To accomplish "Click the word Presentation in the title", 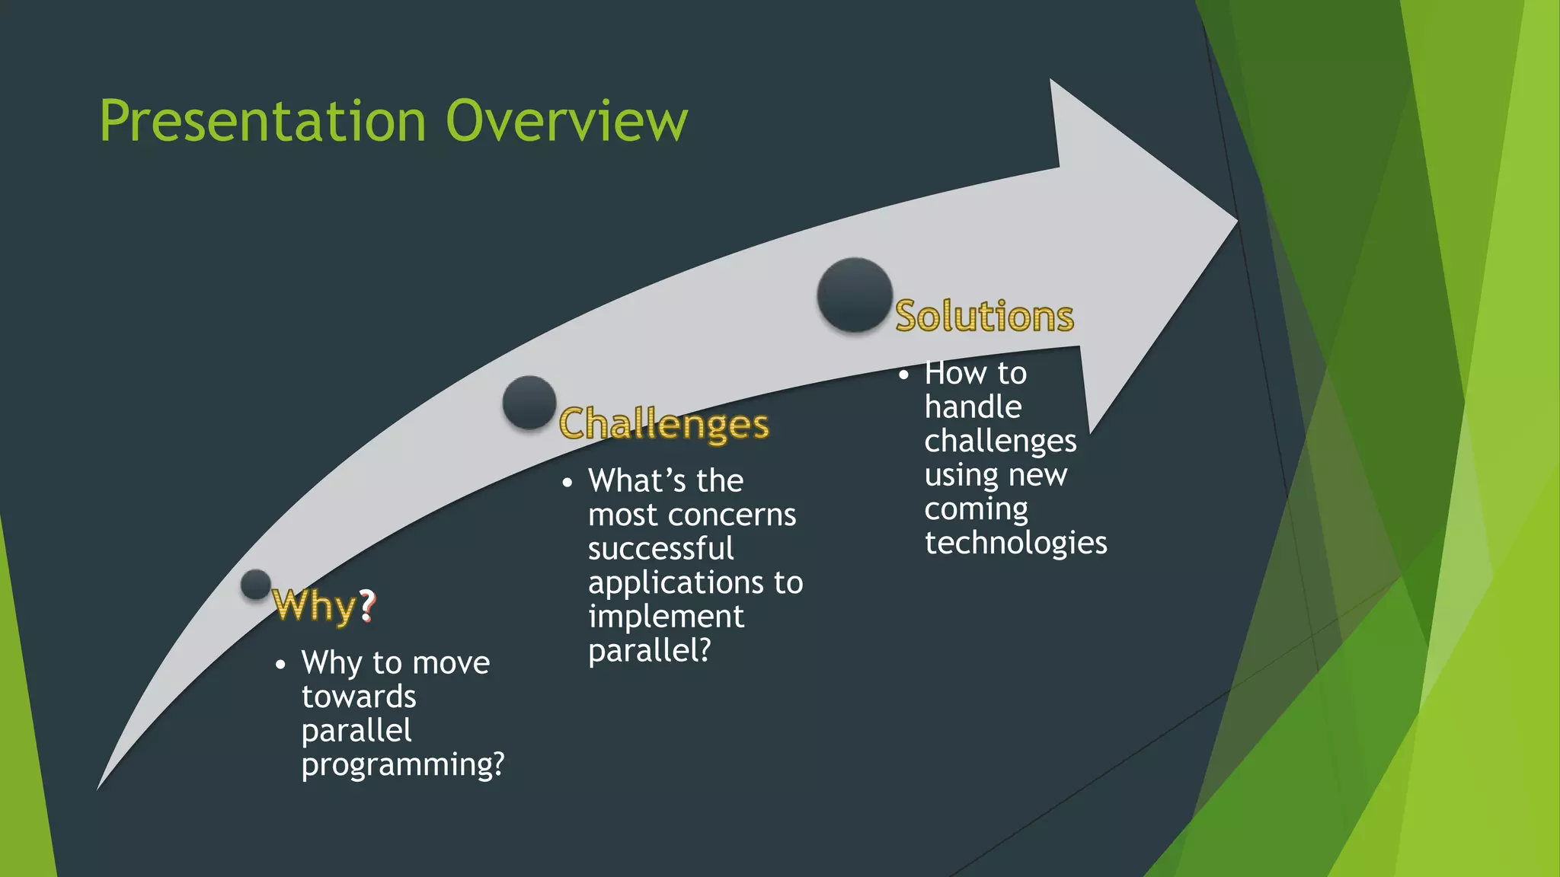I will [262, 121].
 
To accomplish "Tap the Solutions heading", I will [983, 316].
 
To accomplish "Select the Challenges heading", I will [663, 424].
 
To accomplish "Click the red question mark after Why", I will [367, 605].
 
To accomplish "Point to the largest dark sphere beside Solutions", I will [855, 295].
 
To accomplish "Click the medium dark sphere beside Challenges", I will [529, 402].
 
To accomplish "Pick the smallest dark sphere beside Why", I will [256, 585].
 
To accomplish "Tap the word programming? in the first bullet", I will [403, 764].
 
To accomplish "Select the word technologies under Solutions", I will [1015, 543].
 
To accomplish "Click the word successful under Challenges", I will [660, 549].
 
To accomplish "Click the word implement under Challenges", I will [666, 617].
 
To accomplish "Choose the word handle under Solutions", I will [973, 407].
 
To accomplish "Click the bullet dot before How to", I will [903, 375].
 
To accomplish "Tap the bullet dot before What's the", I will [567, 483].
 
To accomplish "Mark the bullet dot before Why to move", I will [280, 665].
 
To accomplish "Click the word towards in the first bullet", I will [359, 697].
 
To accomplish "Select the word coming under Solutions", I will [976, 509].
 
